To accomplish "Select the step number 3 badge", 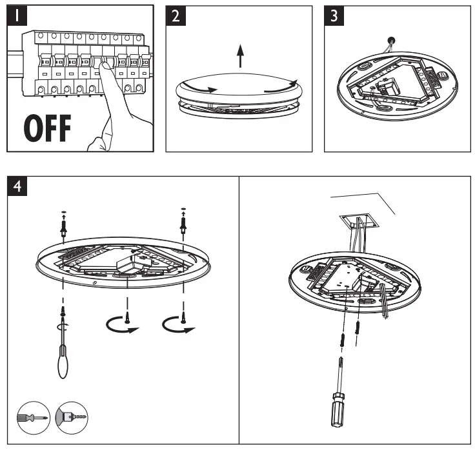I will click(x=333, y=16).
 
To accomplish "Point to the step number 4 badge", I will click(x=20, y=186).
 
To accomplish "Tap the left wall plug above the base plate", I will click(x=63, y=224).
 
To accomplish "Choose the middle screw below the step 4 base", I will click(x=128, y=316).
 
